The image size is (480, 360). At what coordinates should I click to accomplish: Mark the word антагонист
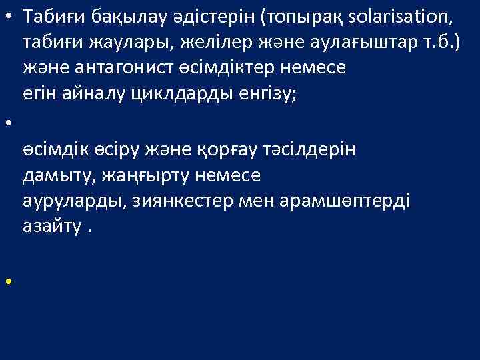[x=107, y=68]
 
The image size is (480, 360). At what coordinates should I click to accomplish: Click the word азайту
[x=50, y=227]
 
